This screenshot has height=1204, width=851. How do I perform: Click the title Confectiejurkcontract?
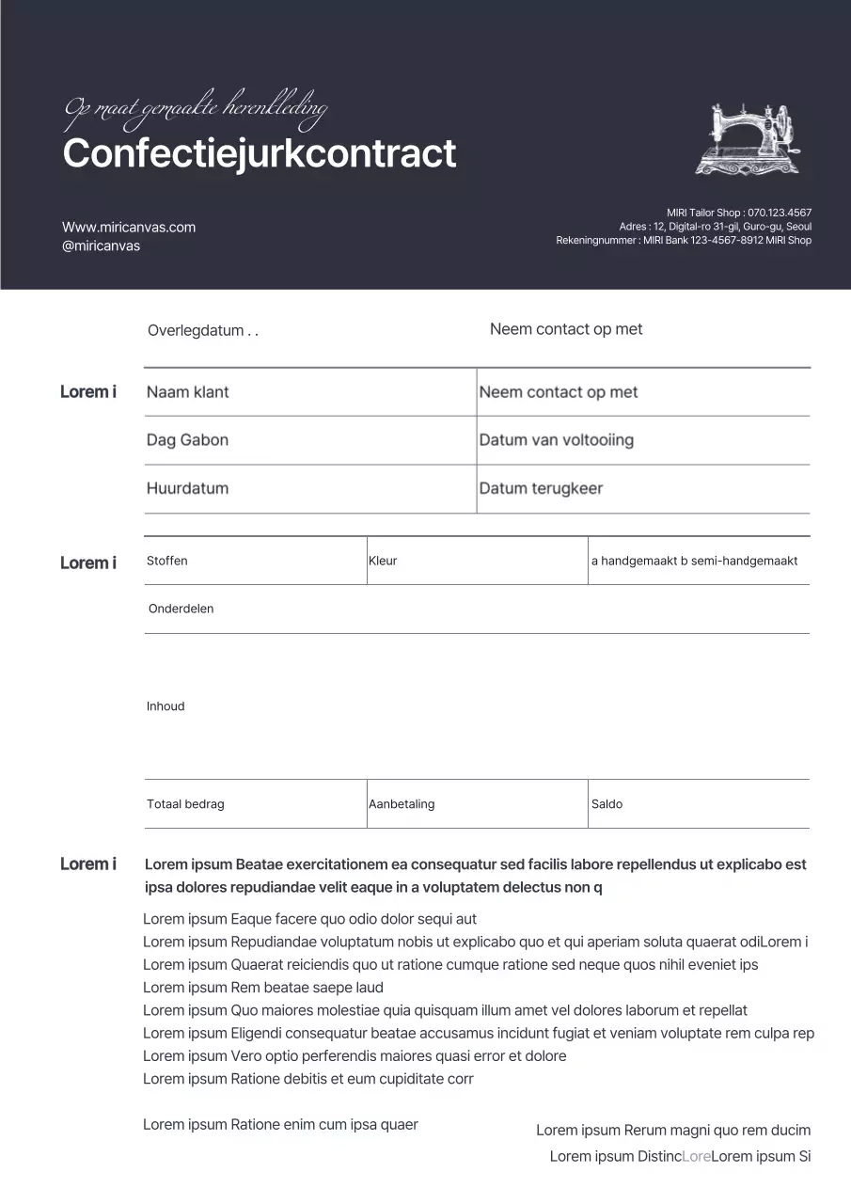[x=260, y=153]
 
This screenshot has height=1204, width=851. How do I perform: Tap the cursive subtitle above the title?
[x=196, y=110]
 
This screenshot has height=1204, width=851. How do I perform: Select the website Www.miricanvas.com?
[x=129, y=227]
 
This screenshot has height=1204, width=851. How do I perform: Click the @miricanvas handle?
[x=101, y=246]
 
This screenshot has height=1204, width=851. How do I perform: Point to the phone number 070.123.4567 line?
[x=739, y=213]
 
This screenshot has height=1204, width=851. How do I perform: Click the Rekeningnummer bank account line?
[x=684, y=240]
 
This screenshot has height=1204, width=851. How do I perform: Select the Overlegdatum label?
[x=202, y=331]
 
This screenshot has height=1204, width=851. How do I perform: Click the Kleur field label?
[x=383, y=561]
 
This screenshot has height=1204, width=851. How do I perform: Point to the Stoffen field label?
[x=167, y=561]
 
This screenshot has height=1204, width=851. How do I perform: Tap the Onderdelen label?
[x=181, y=609]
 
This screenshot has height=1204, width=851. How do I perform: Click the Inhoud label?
[x=165, y=706]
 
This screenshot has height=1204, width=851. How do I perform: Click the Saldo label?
[x=607, y=804]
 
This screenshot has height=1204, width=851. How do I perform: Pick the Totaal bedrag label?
[x=185, y=804]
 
